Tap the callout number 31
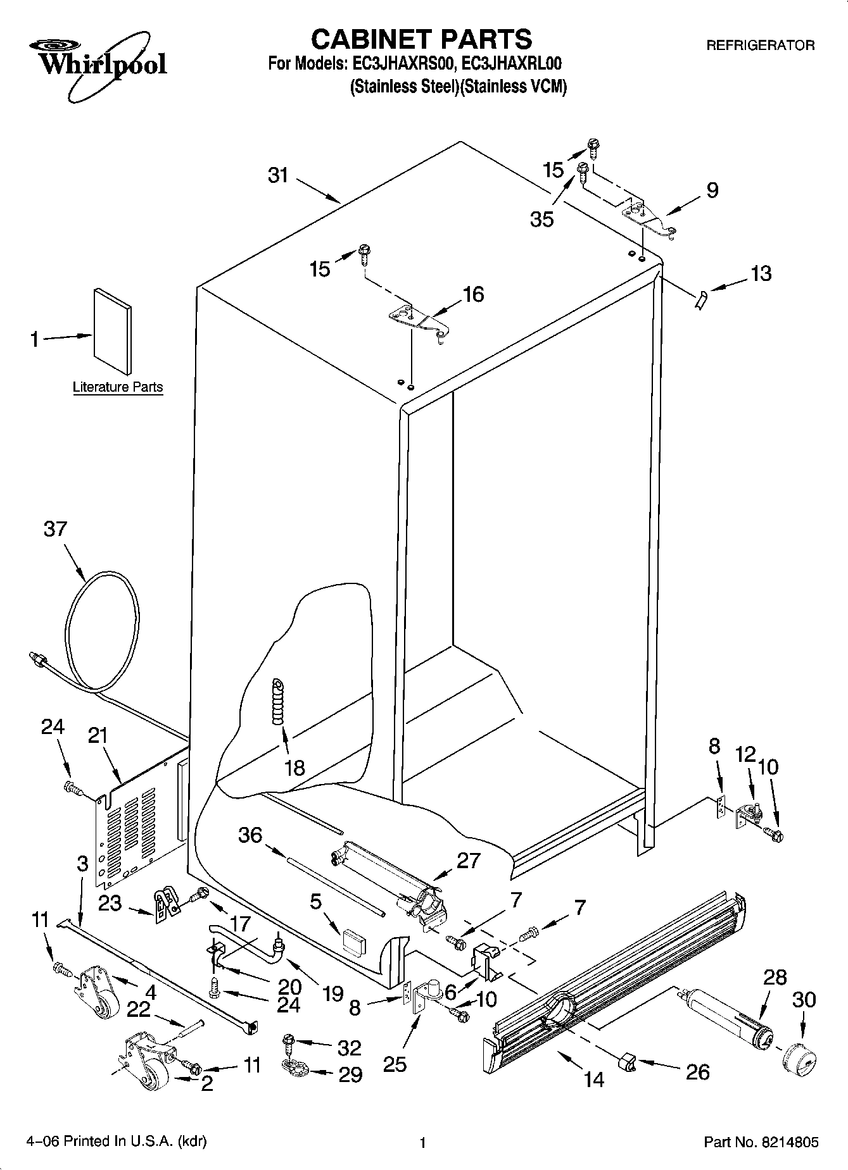[x=278, y=175]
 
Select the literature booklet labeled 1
[x=113, y=332]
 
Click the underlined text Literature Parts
[x=118, y=387]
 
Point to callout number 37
[x=55, y=529]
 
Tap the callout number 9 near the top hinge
[x=712, y=190]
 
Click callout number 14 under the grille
[x=594, y=1080]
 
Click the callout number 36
[x=250, y=835]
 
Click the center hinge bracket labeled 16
[x=418, y=319]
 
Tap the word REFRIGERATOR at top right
[x=760, y=46]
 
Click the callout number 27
[x=468, y=861]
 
